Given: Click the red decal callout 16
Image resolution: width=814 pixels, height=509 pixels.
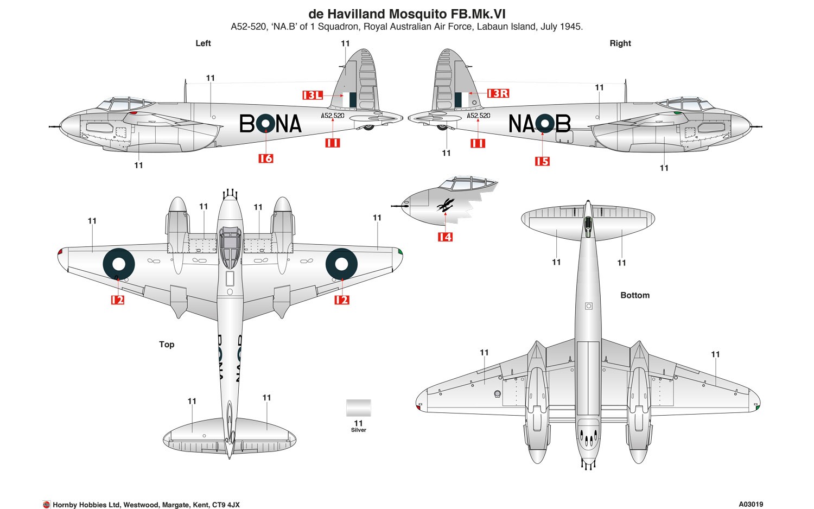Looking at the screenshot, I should point(265,158).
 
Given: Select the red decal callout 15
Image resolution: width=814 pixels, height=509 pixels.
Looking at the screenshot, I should point(542,161).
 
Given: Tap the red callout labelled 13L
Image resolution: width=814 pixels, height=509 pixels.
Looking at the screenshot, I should point(313,95).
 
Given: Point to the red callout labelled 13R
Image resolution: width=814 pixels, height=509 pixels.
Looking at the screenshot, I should point(498,93).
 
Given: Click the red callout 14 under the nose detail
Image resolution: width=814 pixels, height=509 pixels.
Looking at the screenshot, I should point(445,237).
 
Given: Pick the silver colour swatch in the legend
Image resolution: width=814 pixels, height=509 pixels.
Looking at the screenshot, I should point(358,408).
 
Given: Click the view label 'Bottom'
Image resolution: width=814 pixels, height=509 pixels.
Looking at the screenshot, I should point(635,295).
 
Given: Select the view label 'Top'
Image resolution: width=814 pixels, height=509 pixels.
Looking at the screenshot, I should point(167,344).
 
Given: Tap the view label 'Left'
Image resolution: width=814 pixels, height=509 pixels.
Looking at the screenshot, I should point(203,43).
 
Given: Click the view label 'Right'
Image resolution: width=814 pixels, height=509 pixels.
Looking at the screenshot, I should point(620,43).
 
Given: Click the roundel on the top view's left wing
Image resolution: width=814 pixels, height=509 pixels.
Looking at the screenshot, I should point(119,264).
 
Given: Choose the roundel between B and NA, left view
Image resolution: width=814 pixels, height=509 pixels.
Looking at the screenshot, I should point(265,124).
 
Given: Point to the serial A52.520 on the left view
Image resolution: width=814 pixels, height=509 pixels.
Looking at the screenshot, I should point(332,116).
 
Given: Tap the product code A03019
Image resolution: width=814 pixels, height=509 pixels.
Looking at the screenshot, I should point(751,504).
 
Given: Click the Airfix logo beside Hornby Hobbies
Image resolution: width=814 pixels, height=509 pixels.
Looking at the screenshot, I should point(46,505).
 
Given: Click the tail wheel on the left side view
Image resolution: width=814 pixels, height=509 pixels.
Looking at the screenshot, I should point(368,128).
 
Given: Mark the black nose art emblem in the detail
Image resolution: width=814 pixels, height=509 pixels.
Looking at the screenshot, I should point(445,206).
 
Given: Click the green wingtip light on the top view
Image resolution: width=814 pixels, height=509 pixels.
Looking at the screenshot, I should point(400,251).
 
